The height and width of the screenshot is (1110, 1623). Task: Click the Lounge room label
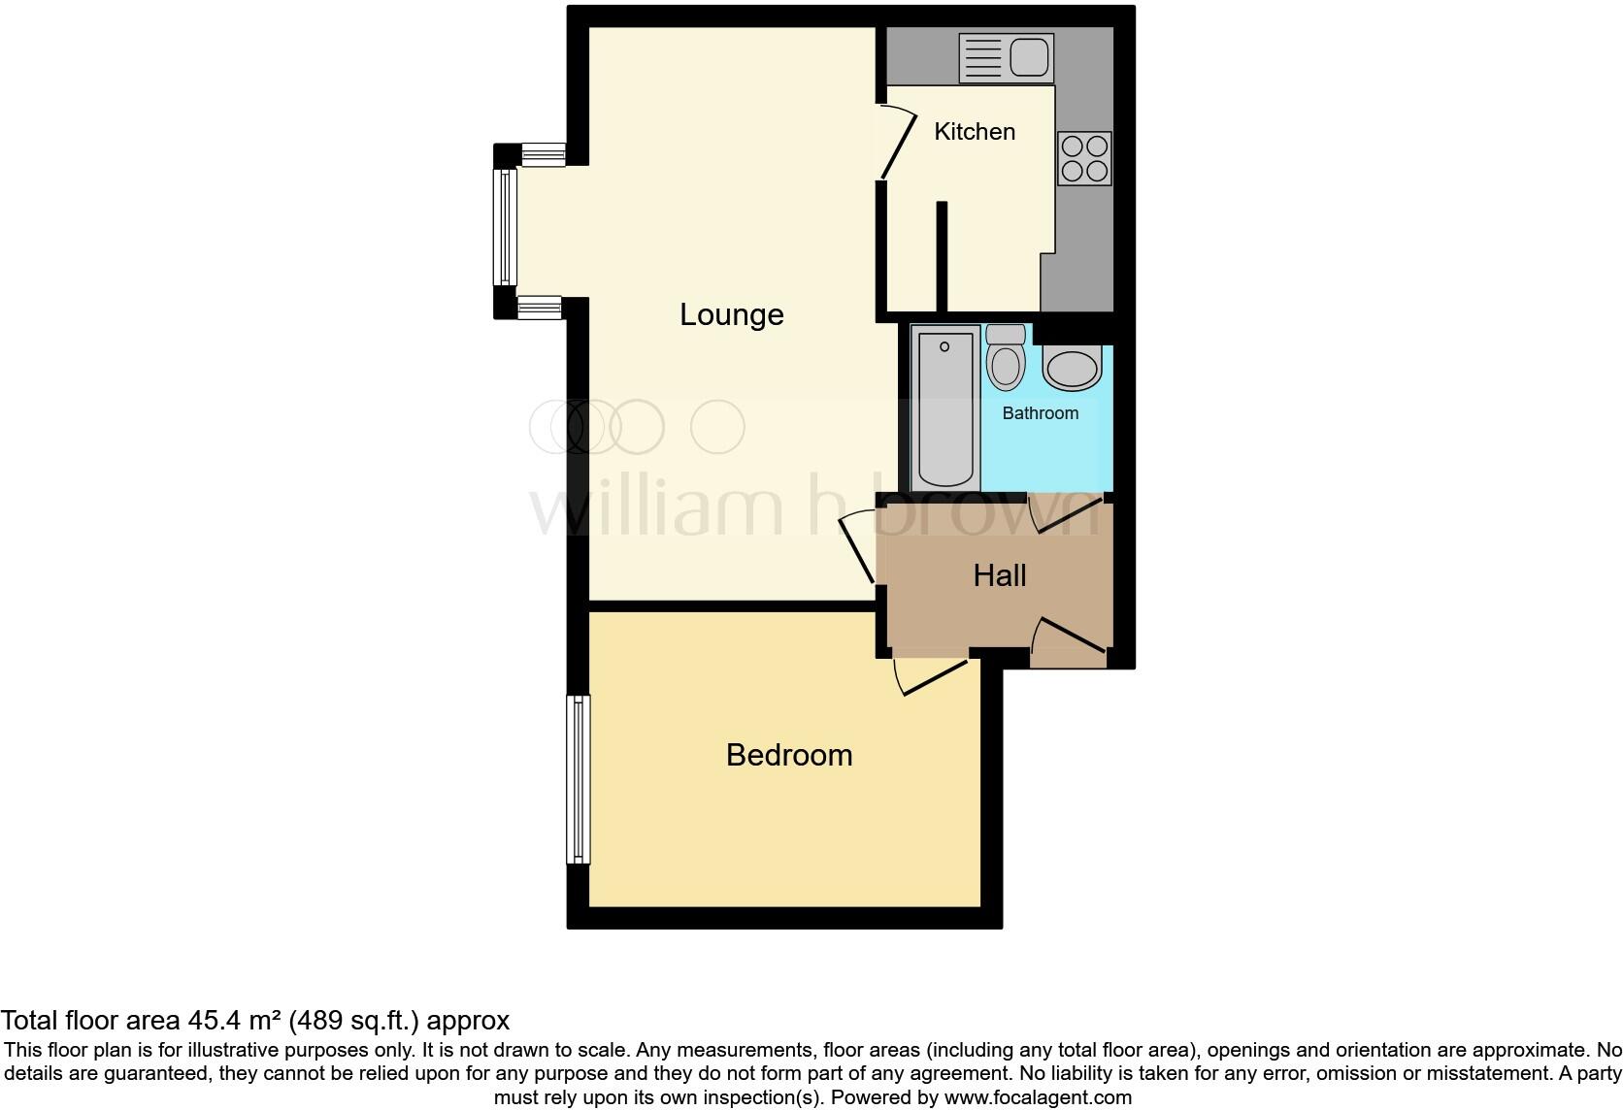click(x=731, y=314)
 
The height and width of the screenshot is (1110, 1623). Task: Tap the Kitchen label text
click(x=974, y=132)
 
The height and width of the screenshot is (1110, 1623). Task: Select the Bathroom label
click(x=1040, y=413)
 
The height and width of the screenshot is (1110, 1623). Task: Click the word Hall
click(x=999, y=575)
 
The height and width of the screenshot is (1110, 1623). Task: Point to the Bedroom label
click(x=788, y=755)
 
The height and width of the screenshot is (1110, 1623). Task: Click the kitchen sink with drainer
click(x=1006, y=57)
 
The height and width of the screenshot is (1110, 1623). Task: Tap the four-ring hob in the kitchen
click(x=1084, y=158)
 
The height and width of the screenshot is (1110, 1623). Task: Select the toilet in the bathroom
click(x=1005, y=358)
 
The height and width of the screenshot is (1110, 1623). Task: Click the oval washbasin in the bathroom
click(x=1072, y=368)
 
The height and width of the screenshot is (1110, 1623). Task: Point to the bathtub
click(x=944, y=408)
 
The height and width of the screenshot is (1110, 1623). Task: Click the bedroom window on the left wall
click(x=579, y=779)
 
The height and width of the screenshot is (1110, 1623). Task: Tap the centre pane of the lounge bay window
click(x=505, y=227)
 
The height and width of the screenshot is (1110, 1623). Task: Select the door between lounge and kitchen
click(x=898, y=144)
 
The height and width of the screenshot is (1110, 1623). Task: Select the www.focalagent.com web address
click(x=1037, y=1098)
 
